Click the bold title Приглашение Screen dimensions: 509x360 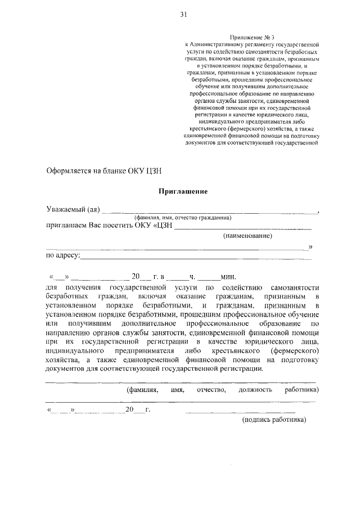(x=184, y=191)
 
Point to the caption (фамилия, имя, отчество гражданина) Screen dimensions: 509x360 (x=183, y=218)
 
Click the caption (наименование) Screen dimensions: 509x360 (x=247, y=236)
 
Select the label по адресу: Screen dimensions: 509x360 (x=63, y=256)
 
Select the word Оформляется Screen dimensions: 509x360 (x=70, y=168)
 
